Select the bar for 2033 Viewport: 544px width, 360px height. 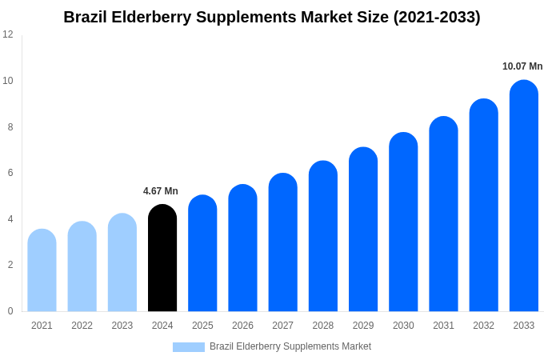point(524,196)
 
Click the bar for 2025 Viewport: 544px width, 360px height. point(202,254)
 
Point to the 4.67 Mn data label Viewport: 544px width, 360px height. point(161,191)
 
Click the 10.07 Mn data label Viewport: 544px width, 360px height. point(522,66)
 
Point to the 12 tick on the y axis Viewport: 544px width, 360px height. point(8,34)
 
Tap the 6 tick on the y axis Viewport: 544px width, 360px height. point(10,173)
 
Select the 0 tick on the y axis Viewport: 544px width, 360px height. point(10,311)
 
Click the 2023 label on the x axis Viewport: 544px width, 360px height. point(122,326)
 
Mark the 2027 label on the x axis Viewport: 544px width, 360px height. point(282,326)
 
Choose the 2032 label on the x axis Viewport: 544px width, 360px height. point(483,326)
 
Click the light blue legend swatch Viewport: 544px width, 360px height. point(189,347)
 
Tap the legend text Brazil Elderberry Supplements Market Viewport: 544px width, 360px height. point(290,346)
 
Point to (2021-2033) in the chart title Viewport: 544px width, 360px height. point(437,17)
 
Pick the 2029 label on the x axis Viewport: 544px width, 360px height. point(363,326)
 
